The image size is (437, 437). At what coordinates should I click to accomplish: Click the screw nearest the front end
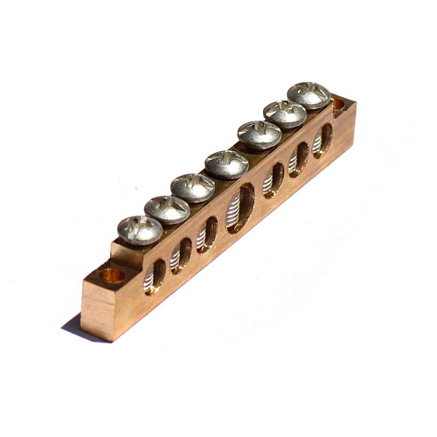pos(140,229)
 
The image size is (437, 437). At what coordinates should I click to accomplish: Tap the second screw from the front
pos(167,208)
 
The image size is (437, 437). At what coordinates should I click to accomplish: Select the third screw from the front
pos(193,186)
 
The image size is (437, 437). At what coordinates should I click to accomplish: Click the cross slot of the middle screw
pos(226,162)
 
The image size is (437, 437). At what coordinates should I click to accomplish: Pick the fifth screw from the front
pos(260,134)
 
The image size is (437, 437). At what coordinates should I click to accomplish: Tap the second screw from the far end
pos(286,113)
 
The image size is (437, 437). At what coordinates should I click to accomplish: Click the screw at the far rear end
pos(309,94)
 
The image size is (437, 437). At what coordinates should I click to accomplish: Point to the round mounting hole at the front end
pos(111,276)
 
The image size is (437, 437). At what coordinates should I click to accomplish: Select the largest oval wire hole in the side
pos(240,208)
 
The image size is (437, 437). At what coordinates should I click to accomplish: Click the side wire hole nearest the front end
pos(156,275)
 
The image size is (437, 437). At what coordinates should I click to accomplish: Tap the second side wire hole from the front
pos(181,254)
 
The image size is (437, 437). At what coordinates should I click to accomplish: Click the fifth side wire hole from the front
pos(274,180)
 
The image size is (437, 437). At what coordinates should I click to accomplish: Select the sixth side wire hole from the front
pos(299,159)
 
